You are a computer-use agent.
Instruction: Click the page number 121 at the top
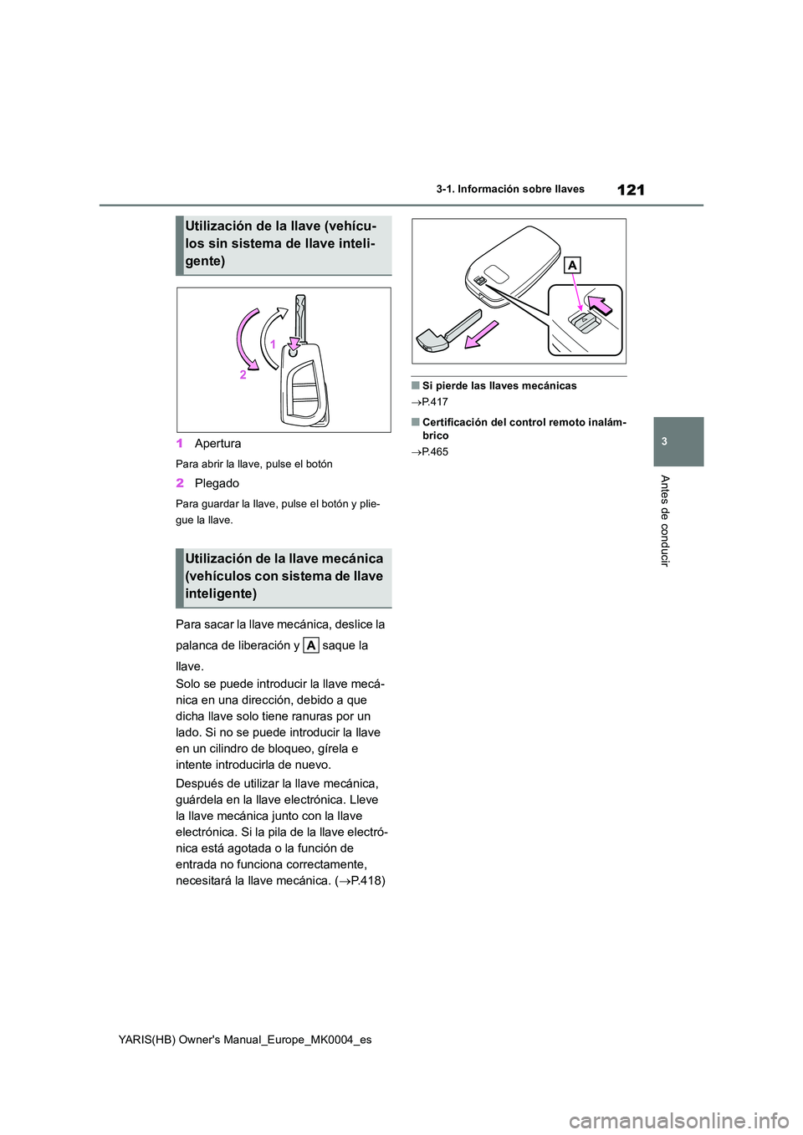(x=631, y=190)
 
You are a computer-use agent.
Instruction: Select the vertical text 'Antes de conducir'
(x=664, y=520)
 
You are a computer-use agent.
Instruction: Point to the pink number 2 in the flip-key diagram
(x=243, y=375)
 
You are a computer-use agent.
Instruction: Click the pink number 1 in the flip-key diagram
(x=272, y=344)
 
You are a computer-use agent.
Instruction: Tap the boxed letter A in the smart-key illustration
(x=572, y=265)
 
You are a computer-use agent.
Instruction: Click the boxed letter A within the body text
(x=310, y=645)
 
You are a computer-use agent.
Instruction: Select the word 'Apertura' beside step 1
(x=217, y=444)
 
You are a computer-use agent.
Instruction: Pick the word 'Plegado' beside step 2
(x=217, y=484)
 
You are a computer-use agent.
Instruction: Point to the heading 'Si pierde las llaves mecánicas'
(x=499, y=386)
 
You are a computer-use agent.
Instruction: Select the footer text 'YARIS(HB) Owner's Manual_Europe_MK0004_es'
(x=274, y=1040)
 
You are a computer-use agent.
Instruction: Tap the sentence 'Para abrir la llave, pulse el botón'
(x=254, y=464)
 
